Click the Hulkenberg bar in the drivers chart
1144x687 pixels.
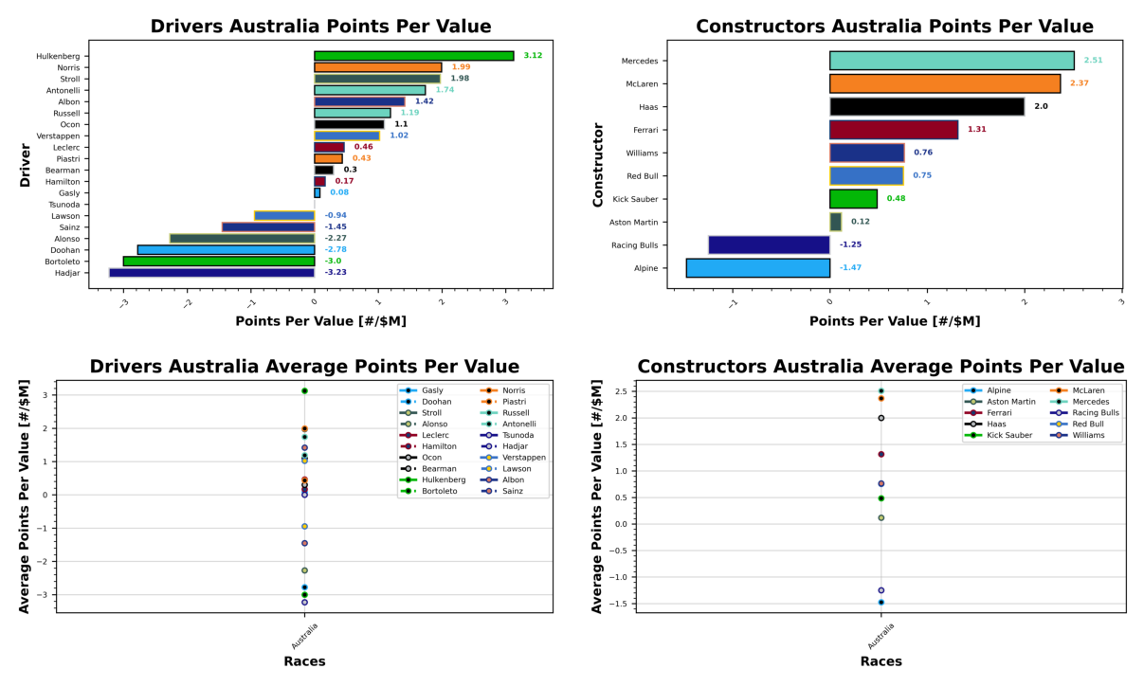point(413,56)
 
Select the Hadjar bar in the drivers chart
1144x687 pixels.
point(211,273)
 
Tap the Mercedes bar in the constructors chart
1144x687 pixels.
point(952,61)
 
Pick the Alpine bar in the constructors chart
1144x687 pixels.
point(757,268)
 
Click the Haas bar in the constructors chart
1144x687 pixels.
point(926,107)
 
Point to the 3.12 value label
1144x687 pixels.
point(533,56)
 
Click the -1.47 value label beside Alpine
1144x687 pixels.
point(850,268)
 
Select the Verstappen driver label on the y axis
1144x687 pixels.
point(61,136)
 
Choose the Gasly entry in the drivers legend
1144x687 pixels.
point(432,390)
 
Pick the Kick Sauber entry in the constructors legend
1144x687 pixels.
point(1010,435)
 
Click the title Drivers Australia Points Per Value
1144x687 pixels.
point(320,27)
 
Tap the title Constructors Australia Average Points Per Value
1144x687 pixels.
point(881,367)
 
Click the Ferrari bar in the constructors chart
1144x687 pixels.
point(893,130)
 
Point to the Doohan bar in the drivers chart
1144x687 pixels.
point(226,250)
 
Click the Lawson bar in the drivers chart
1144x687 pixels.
point(284,216)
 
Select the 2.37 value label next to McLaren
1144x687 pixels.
point(1080,83)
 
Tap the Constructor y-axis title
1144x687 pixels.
point(597,164)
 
